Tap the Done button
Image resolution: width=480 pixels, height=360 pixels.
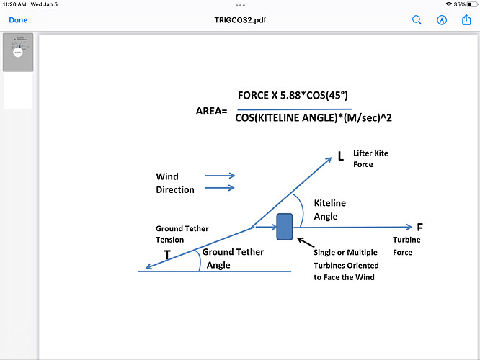click(18, 20)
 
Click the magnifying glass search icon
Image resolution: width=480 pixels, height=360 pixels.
click(417, 20)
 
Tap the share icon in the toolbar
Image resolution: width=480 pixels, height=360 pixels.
click(466, 20)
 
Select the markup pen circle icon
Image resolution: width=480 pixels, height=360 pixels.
click(441, 20)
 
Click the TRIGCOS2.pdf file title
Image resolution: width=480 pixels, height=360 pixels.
click(240, 20)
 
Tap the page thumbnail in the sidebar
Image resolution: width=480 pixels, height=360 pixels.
click(18, 53)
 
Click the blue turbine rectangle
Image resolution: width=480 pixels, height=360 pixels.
click(285, 227)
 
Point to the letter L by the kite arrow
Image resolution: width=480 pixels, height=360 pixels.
click(341, 156)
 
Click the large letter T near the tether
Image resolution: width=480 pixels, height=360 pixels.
click(166, 255)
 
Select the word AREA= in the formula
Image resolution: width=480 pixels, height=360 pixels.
click(211, 111)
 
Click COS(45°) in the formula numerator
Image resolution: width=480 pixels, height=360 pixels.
click(327, 96)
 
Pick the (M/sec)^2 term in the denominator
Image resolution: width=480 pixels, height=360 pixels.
click(368, 118)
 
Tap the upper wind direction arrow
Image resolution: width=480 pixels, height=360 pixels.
click(220, 176)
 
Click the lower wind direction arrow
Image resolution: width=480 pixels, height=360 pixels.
click(220, 188)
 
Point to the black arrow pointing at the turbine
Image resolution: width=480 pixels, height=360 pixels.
click(306, 242)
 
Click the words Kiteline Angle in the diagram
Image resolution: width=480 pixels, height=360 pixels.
click(330, 210)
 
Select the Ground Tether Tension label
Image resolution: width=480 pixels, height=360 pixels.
click(182, 234)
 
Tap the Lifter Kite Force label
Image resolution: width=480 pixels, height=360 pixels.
click(370, 158)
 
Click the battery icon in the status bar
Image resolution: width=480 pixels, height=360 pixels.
click(472, 4)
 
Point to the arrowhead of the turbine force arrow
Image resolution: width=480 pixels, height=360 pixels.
click(409, 227)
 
